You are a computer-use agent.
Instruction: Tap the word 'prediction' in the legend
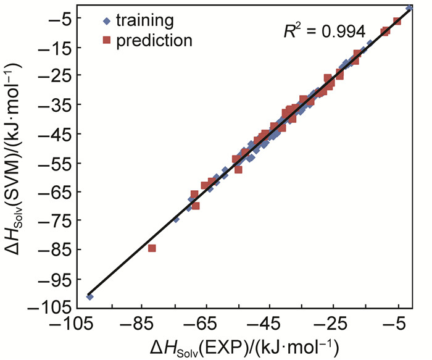pyautogui.click(x=153, y=41)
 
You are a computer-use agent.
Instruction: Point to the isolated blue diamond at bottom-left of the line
pyautogui.click(x=89, y=297)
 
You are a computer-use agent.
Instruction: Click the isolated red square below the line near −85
pyautogui.click(x=152, y=248)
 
